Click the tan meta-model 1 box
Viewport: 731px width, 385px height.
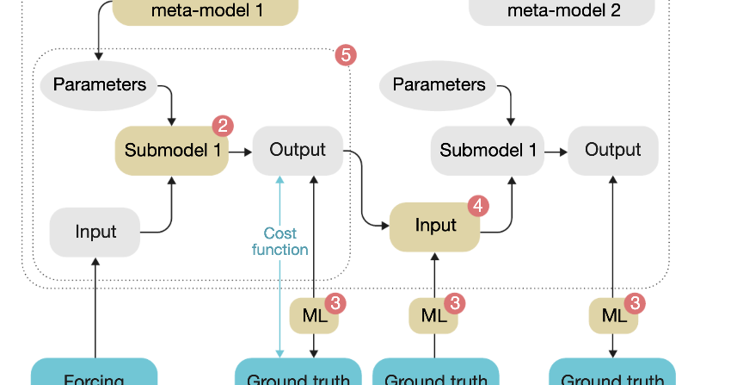click(x=206, y=11)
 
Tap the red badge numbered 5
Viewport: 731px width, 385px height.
click(x=346, y=55)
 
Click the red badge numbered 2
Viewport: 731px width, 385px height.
click(x=223, y=126)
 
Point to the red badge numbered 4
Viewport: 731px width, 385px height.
click(x=478, y=206)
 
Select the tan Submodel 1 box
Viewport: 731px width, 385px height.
click(x=171, y=150)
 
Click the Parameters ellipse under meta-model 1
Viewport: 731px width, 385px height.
click(x=99, y=84)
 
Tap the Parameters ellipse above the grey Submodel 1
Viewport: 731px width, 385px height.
click(x=439, y=84)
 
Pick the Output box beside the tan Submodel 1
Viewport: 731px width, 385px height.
click(x=298, y=150)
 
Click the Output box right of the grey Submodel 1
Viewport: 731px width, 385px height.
click(x=612, y=150)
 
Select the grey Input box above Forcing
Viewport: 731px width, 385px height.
click(x=95, y=232)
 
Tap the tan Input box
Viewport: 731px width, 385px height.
click(x=435, y=227)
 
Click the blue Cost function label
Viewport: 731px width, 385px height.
click(x=279, y=242)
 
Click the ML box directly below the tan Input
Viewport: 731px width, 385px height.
click(x=433, y=316)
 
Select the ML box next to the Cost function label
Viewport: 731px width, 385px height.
click(x=313, y=316)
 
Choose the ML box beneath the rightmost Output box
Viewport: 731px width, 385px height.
click(x=613, y=316)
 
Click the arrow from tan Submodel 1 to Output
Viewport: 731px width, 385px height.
click(x=240, y=151)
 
